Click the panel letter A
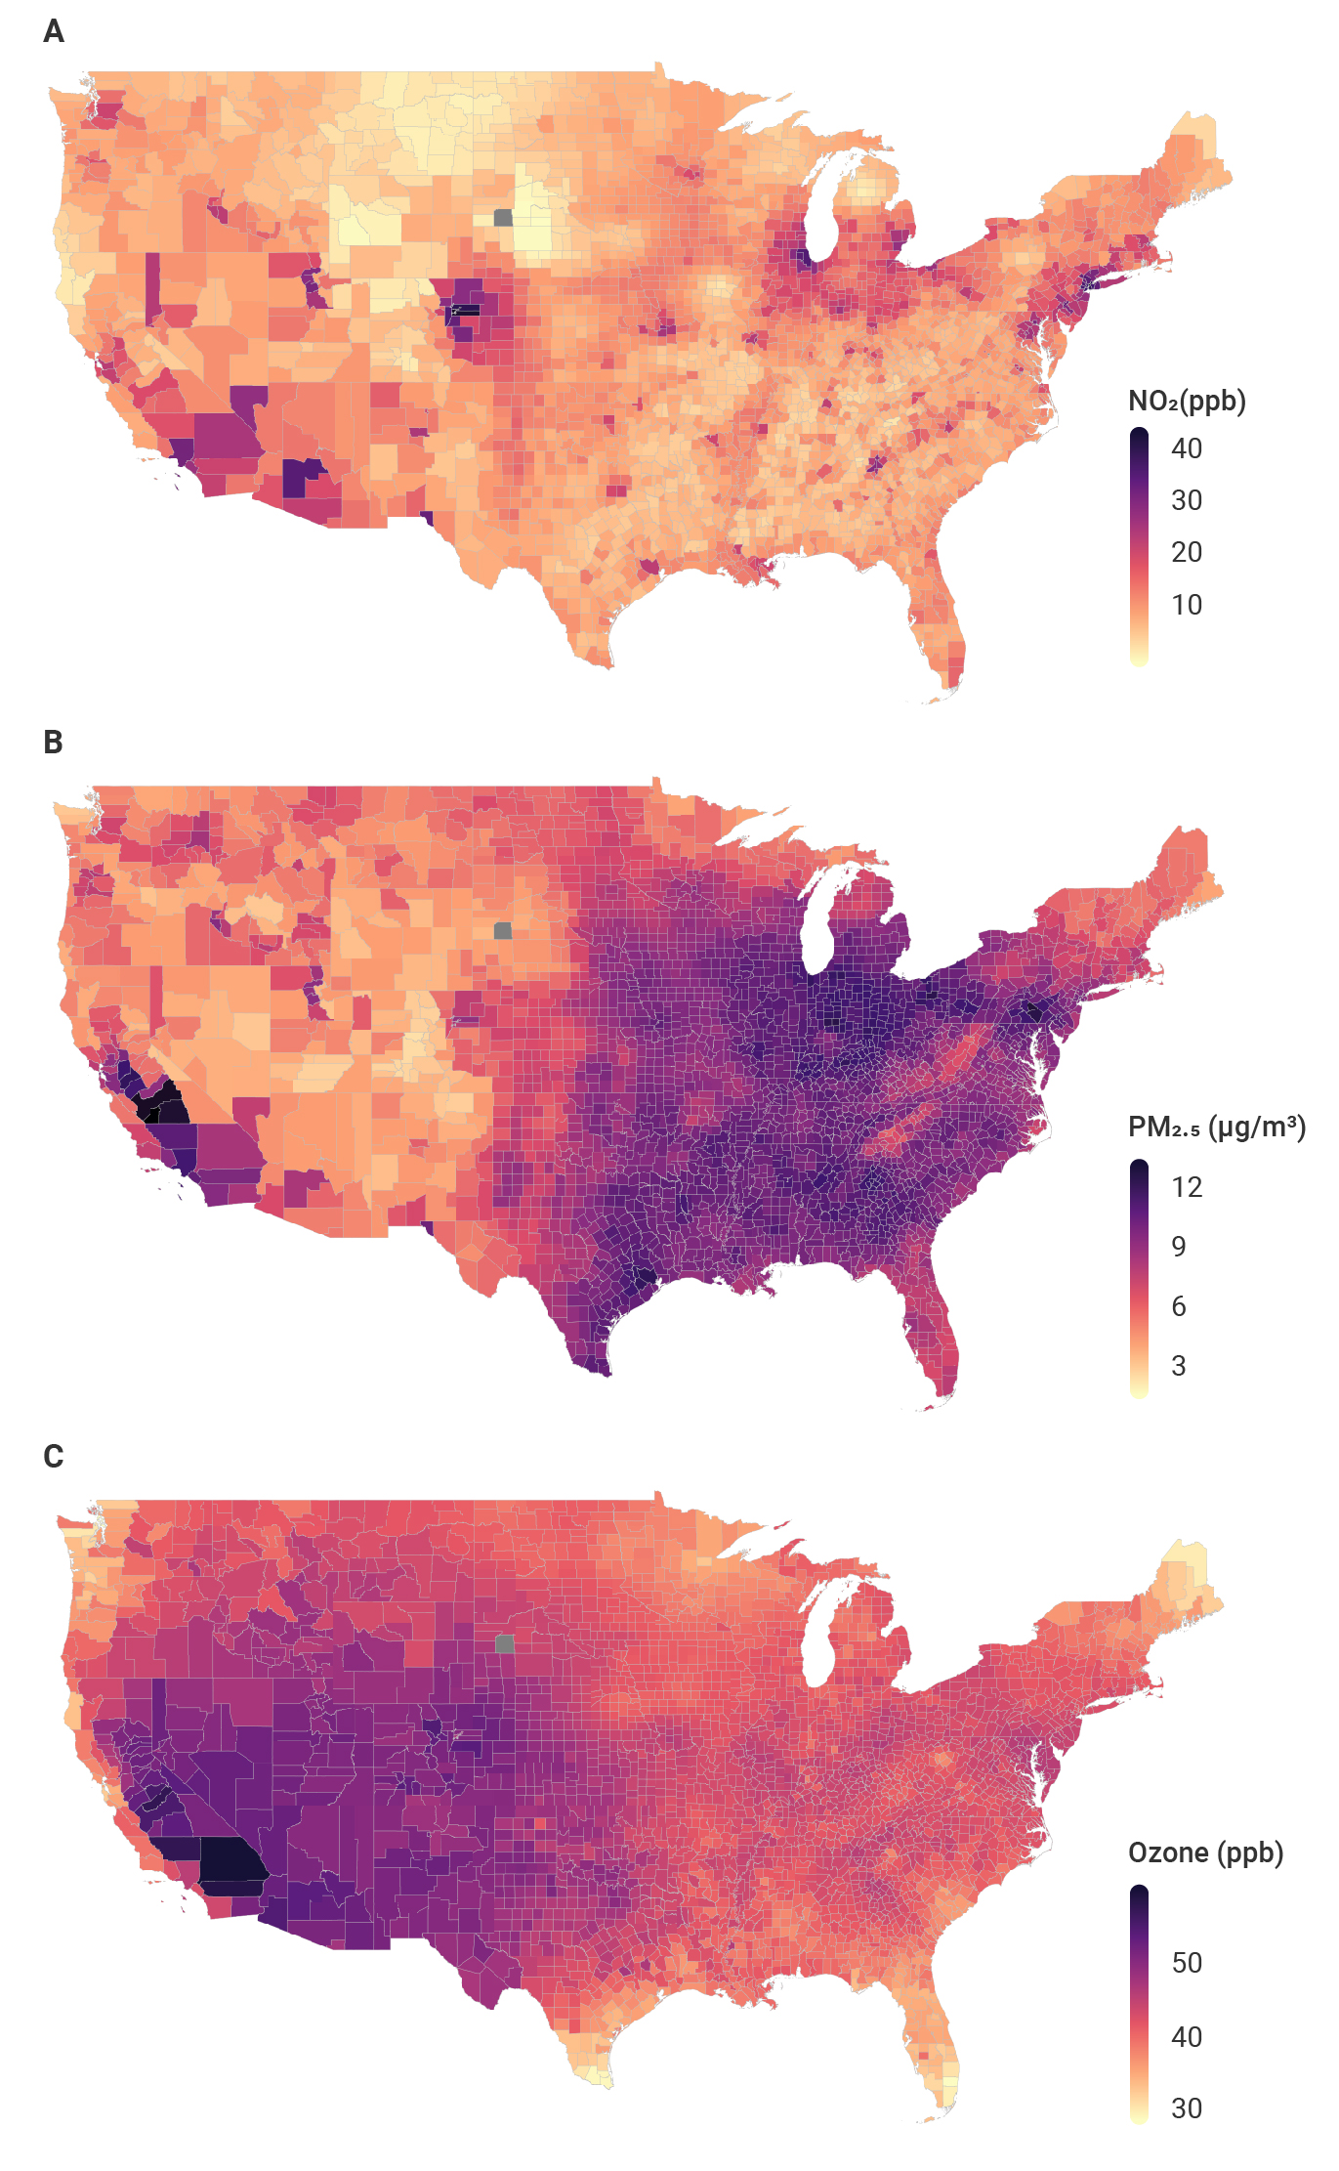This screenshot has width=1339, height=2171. (x=54, y=32)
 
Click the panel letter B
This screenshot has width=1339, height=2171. (x=54, y=743)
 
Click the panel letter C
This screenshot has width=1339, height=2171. (x=54, y=1457)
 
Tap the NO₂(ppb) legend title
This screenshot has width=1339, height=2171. (x=1187, y=402)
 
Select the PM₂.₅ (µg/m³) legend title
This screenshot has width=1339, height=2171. (x=1217, y=1128)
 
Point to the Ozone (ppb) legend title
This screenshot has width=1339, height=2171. (x=1205, y=1853)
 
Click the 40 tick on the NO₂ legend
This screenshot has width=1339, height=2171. (x=1187, y=448)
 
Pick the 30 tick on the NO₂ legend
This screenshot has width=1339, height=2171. (x=1187, y=500)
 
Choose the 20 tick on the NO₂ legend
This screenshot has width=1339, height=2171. (x=1187, y=552)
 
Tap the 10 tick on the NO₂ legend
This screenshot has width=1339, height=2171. (x=1187, y=605)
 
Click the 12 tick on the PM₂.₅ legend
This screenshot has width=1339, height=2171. (x=1187, y=1187)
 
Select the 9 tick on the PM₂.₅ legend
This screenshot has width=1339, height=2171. (x=1179, y=1247)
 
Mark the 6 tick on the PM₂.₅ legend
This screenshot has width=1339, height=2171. (x=1179, y=1306)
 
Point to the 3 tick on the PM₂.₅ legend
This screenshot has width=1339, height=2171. (x=1179, y=1366)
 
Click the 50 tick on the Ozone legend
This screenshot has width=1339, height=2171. (x=1187, y=1963)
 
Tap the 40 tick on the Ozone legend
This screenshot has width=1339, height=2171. (x=1187, y=2037)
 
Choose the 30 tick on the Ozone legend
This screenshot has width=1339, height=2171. (x=1187, y=2108)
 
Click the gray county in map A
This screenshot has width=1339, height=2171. (x=503, y=217)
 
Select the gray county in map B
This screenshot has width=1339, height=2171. (x=503, y=930)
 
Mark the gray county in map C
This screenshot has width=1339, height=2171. (x=504, y=1643)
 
